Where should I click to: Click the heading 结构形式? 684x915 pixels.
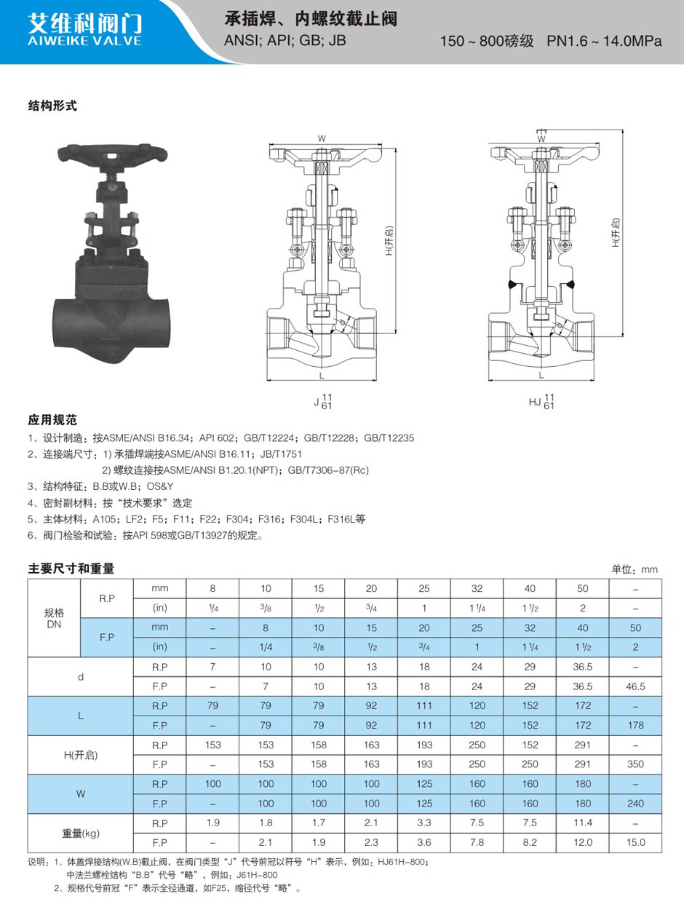(x=52, y=106)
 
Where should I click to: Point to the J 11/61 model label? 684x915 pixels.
(x=323, y=401)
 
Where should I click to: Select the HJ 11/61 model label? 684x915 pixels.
(x=541, y=401)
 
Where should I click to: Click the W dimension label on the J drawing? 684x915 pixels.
(x=322, y=138)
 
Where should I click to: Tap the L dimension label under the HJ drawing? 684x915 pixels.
(x=541, y=375)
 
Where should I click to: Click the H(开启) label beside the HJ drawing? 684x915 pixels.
(x=616, y=233)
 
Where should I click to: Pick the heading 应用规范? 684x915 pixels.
(x=52, y=420)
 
